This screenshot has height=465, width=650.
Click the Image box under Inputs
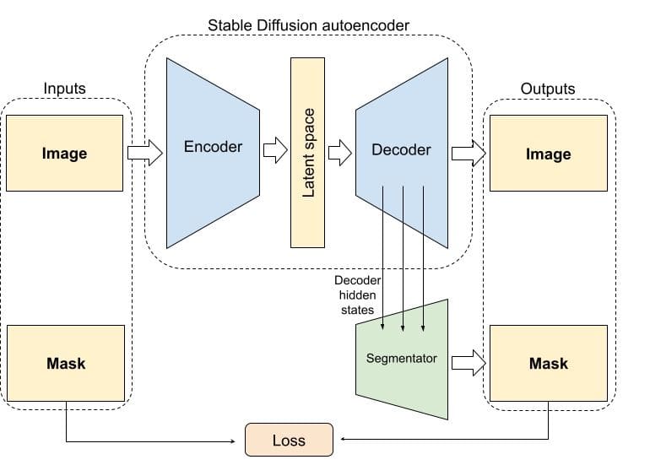pos(64,154)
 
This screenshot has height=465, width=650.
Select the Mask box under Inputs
pos(65,364)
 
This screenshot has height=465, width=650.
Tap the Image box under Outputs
pos(548,154)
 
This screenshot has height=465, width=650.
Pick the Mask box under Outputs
pos(548,364)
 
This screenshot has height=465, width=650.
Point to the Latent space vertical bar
pos(308,153)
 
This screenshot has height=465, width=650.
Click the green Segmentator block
pos(401,359)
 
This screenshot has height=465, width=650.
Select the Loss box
pos(289,440)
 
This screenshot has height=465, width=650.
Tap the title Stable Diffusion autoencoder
pos(308,25)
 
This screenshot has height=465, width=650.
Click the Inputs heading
pos(64,88)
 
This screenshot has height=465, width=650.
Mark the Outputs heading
pos(547,88)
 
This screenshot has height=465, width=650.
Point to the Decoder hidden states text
pos(358,295)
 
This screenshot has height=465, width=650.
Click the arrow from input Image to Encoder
pos(144,154)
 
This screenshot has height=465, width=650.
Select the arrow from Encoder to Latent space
pos(275,152)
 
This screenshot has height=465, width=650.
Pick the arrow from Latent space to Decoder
pos(339,153)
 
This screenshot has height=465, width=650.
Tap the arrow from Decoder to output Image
pos(469,154)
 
